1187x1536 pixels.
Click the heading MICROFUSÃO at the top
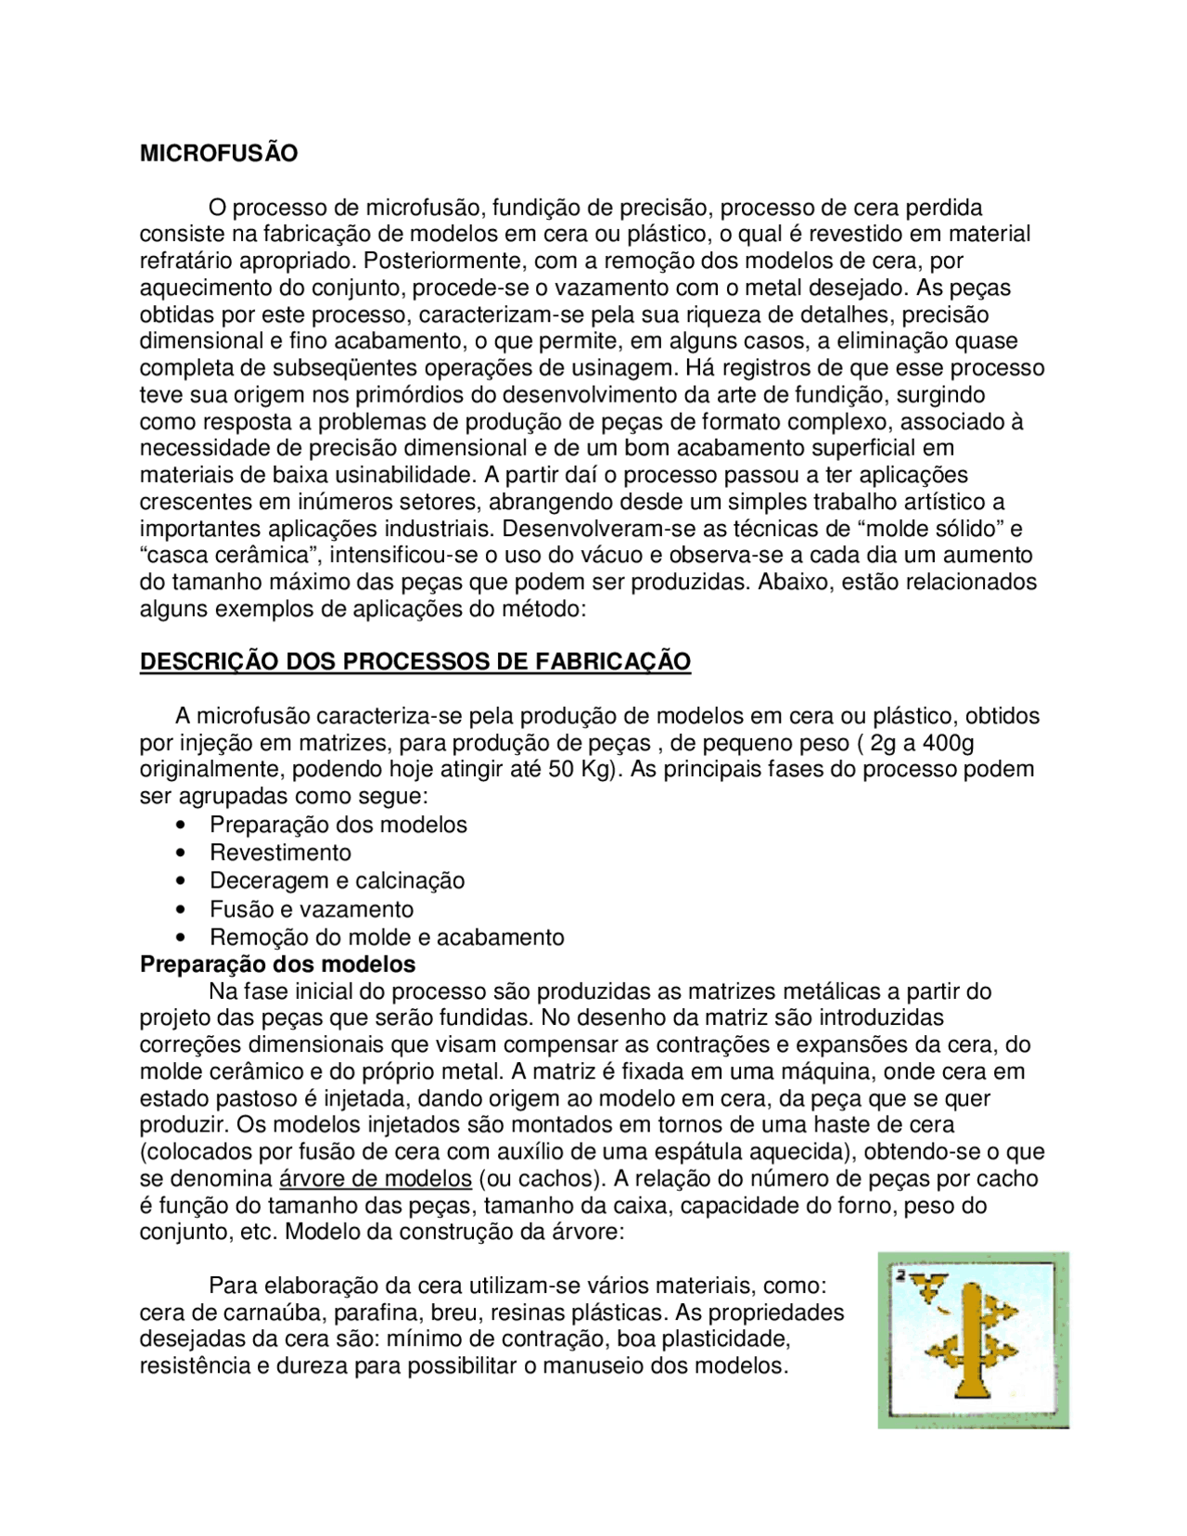click(x=219, y=154)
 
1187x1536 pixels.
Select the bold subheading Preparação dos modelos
click(x=277, y=965)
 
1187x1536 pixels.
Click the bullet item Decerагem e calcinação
click(x=337, y=881)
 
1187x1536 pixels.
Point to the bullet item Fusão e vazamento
click(x=312, y=910)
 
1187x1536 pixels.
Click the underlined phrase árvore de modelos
click(x=376, y=1179)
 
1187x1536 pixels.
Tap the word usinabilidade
click(x=392, y=476)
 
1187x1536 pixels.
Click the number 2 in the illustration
click(x=900, y=1275)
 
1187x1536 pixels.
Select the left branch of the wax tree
click(x=947, y=1350)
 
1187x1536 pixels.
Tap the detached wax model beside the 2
click(x=927, y=1287)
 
